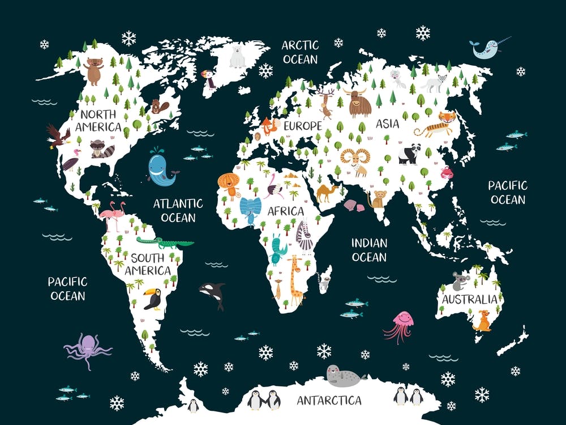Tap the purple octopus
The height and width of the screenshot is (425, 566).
click(87, 349)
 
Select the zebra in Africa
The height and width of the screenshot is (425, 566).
click(305, 235)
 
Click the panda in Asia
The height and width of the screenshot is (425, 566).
click(408, 153)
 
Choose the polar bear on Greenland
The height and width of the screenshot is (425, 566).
click(238, 56)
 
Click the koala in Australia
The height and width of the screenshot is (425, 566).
click(459, 280)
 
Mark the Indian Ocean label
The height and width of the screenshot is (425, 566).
click(369, 250)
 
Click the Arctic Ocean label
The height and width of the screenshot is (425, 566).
click(300, 52)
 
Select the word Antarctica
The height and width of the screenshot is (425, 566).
click(329, 401)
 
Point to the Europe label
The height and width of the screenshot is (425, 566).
click(302, 125)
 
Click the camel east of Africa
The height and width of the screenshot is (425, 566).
click(327, 193)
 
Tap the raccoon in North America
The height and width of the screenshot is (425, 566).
click(101, 148)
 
